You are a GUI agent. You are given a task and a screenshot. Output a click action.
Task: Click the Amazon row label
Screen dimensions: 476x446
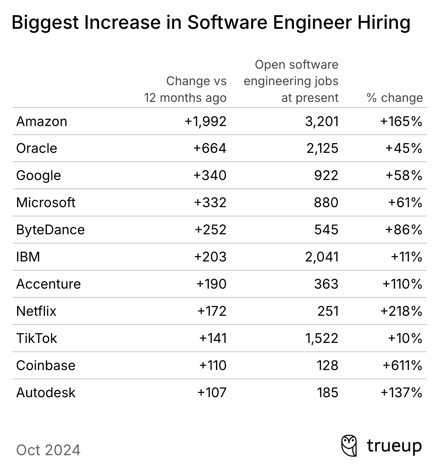[42, 121]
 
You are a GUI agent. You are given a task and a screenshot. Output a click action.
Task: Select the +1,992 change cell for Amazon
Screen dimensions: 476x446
[206, 121]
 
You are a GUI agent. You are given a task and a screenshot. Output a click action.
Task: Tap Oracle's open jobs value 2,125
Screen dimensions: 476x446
[322, 148]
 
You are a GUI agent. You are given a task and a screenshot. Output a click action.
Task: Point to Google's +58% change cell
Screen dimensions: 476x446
[404, 176]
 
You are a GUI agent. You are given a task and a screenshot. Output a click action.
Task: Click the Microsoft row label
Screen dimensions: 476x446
[46, 203]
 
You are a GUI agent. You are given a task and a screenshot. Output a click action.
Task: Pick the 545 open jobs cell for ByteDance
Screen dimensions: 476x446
[326, 230]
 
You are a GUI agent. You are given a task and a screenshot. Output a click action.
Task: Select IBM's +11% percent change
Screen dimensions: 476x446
[406, 257]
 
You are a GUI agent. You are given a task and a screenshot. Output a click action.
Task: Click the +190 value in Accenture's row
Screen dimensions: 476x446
[211, 284]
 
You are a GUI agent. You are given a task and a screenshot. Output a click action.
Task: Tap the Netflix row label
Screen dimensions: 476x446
[36, 311]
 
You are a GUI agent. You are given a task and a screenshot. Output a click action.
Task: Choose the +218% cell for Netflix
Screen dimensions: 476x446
[401, 311]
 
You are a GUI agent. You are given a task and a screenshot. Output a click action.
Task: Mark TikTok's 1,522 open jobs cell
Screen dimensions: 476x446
[321, 339]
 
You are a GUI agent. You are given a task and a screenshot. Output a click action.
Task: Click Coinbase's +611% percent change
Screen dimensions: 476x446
[402, 366]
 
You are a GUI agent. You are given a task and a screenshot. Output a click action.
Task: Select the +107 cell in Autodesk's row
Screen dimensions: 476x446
[212, 393]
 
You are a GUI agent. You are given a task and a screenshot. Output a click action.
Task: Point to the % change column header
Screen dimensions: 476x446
[395, 98]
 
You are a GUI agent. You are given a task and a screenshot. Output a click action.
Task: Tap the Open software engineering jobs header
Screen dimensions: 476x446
[291, 81]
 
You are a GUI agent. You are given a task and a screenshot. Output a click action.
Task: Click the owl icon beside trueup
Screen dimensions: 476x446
[349, 445]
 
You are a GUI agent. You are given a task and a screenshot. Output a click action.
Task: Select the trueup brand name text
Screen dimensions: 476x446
[394, 446]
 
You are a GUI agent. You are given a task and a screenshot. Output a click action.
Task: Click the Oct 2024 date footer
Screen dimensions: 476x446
[48, 450]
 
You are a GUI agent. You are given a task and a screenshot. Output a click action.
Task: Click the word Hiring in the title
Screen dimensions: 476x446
[384, 23]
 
